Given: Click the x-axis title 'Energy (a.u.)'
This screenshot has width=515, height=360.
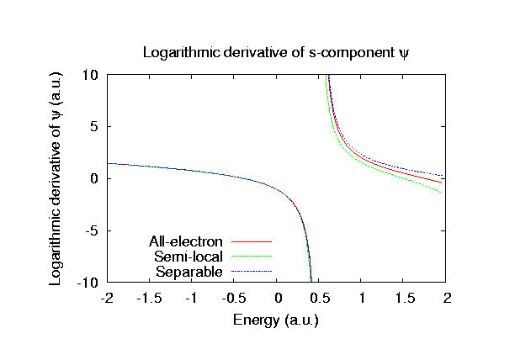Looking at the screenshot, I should [276, 320].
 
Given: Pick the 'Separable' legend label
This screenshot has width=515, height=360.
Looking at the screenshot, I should [189, 272].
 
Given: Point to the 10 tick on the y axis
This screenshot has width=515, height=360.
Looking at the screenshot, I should [91, 75].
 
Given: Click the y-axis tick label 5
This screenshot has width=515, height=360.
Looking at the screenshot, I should [95, 127].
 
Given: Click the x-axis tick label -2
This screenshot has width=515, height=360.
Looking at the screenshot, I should [106, 298].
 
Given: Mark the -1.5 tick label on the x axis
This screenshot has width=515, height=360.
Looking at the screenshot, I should [149, 298].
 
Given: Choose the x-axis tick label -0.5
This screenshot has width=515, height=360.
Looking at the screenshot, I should [234, 298].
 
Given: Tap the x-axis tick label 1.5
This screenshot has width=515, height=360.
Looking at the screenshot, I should [405, 298].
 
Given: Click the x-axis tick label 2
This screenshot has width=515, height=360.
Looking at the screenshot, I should [447, 298].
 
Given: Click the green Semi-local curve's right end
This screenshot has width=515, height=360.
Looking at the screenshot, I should [443, 193].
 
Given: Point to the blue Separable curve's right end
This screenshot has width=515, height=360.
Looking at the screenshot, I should [443, 174].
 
